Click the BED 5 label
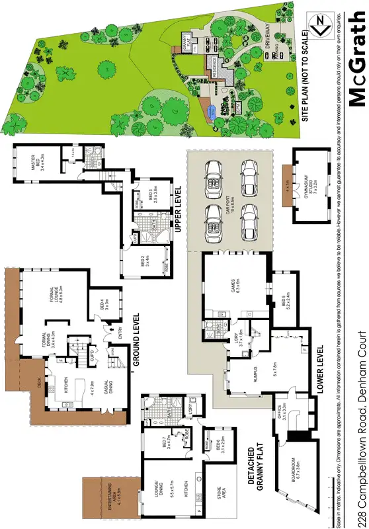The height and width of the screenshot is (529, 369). pos(285,302)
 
